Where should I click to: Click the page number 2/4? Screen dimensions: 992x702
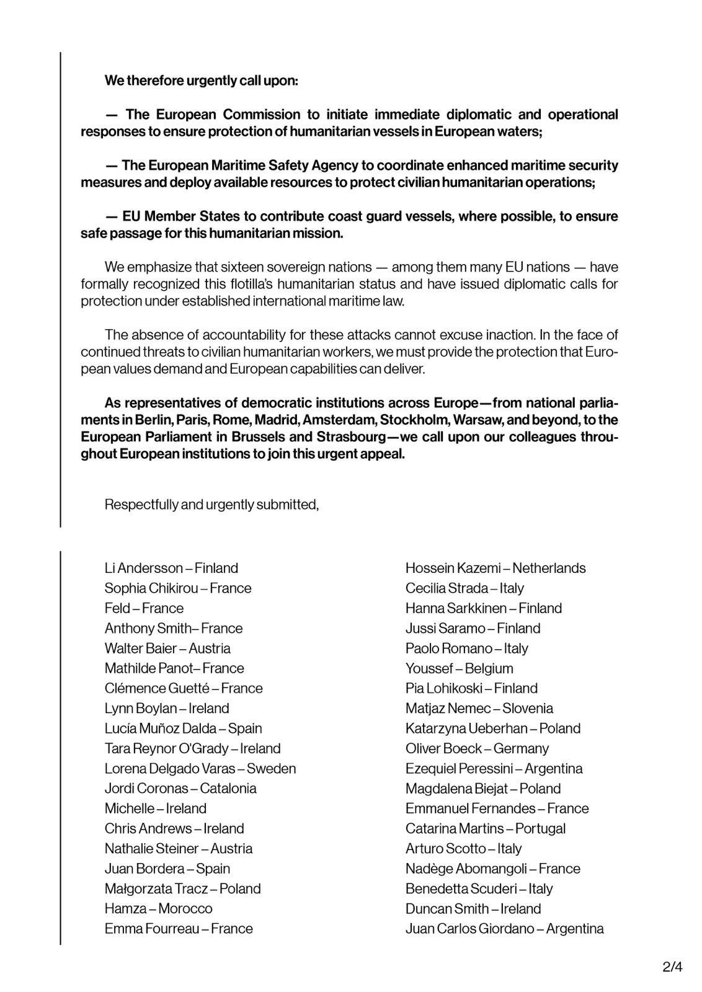coord(672,967)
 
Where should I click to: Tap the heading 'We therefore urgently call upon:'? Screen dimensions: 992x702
coord(201,81)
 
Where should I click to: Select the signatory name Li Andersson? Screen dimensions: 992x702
coord(144,568)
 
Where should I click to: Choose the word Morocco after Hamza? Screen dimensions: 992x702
coord(185,908)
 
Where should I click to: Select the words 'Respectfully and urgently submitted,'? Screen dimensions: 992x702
coord(211,505)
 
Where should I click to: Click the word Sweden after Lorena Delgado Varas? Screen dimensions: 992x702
coord(271,768)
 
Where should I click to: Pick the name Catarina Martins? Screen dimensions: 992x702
coord(455,828)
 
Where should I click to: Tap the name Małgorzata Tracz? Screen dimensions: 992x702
coord(156,888)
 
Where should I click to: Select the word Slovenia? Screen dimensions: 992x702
coord(528,708)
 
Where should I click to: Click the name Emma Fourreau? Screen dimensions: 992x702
coord(152,928)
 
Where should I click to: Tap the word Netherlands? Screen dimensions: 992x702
coord(549,568)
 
